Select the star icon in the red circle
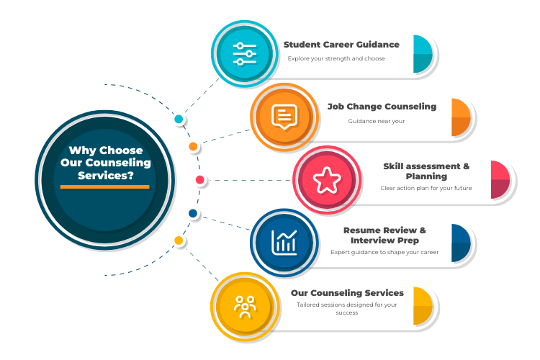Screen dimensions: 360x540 point(326,179)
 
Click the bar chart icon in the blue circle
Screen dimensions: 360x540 point(284,242)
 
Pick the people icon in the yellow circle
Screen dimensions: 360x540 point(245,305)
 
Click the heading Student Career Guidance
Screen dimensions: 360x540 point(341,45)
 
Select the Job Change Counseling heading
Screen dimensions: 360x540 point(382,107)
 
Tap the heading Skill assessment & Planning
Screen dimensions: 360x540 point(426,171)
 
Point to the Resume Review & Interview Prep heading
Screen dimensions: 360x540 point(384,235)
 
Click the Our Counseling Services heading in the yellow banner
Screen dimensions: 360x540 point(347,293)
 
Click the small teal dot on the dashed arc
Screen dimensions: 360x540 point(179,119)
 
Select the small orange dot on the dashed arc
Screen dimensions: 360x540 point(193,146)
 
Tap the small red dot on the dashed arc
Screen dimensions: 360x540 point(199,179)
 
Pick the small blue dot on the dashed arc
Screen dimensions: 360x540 point(193,213)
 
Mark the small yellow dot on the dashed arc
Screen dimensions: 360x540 point(179,240)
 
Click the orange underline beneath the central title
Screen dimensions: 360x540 point(105,187)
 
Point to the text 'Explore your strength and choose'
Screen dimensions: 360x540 point(336,59)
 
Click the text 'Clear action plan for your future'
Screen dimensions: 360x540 point(426,189)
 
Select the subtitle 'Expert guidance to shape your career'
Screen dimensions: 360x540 point(384,253)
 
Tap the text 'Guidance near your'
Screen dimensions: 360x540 point(377,121)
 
